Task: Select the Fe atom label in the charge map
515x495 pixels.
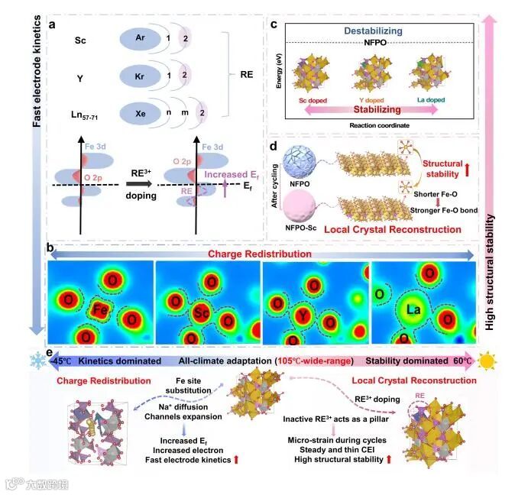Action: click(x=97, y=309)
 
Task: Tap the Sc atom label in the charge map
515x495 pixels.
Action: click(x=200, y=313)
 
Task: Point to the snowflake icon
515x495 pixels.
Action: click(x=36, y=360)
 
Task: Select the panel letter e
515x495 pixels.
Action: click(x=50, y=353)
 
